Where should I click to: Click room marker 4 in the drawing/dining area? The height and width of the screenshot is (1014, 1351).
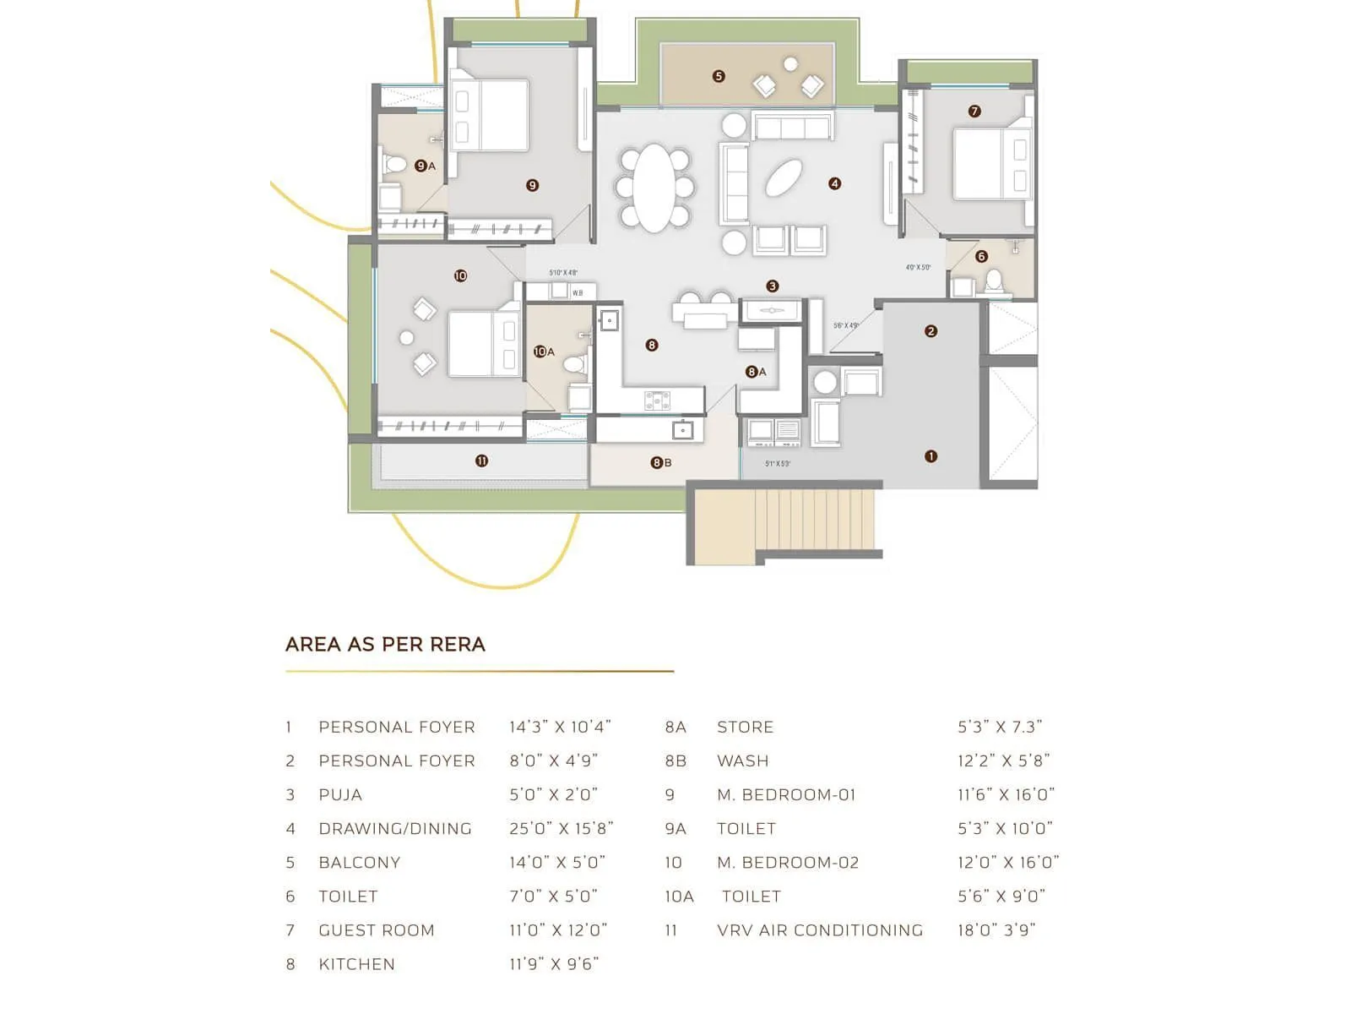[x=834, y=183]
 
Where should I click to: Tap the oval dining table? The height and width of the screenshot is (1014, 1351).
[x=654, y=188]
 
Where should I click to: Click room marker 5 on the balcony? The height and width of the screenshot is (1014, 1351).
[x=719, y=76]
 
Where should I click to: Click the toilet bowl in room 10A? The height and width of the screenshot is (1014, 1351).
[x=574, y=364]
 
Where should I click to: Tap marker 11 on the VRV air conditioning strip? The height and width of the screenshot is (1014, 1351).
[x=481, y=461]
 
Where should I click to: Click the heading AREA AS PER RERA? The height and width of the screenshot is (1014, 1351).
[x=385, y=644]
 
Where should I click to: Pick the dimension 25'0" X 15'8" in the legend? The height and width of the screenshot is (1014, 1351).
[x=561, y=828]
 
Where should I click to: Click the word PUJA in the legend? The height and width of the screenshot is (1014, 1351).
[x=340, y=794]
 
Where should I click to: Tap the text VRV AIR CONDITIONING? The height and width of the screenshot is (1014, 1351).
[x=819, y=929]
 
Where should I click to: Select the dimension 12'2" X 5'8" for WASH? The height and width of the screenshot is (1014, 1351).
[x=1003, y=760]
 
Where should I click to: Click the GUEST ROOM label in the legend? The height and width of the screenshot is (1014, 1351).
[x=377, y=929]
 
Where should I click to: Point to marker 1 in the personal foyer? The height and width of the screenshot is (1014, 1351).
[x=931, y=456]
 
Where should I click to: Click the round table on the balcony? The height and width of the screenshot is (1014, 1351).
[x=790, y=64]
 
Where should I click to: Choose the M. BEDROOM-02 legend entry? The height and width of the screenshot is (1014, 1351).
[x=787, y=862]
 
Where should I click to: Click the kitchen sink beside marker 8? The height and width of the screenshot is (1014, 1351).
[x=609, y=320]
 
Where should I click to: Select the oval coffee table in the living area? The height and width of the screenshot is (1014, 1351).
[x=784, y=177]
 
